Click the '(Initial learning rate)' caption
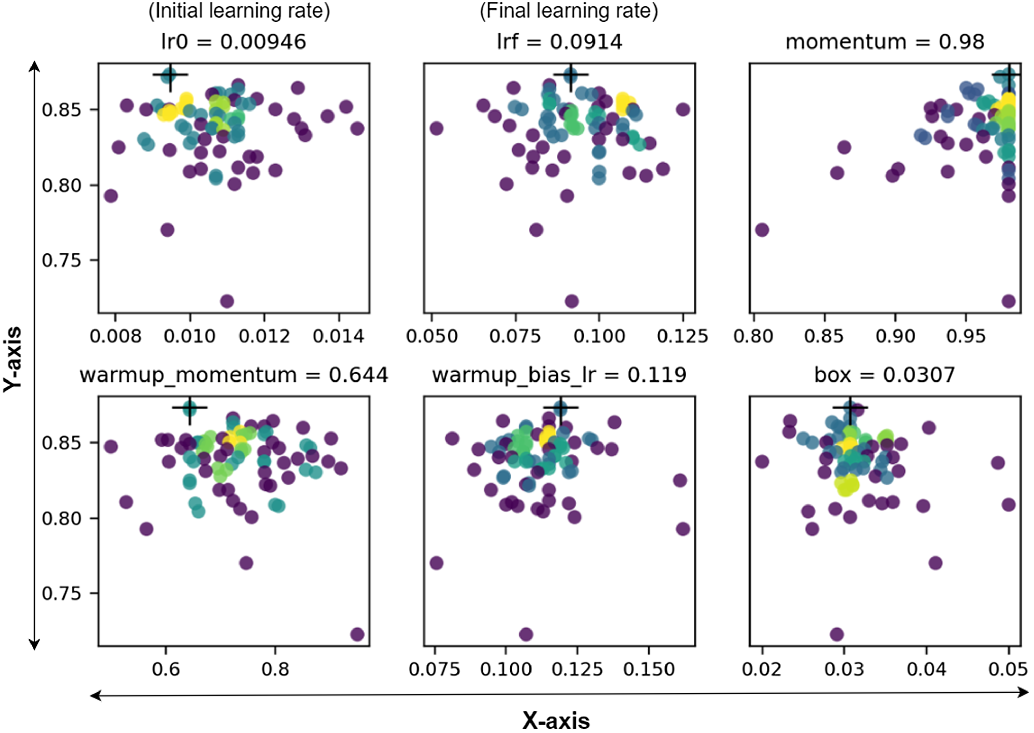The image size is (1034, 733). pos(239,11)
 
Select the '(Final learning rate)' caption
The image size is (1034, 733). pos(569,11)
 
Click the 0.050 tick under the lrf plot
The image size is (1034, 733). pos(432,336)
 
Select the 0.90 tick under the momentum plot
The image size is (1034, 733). pos(895,336)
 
